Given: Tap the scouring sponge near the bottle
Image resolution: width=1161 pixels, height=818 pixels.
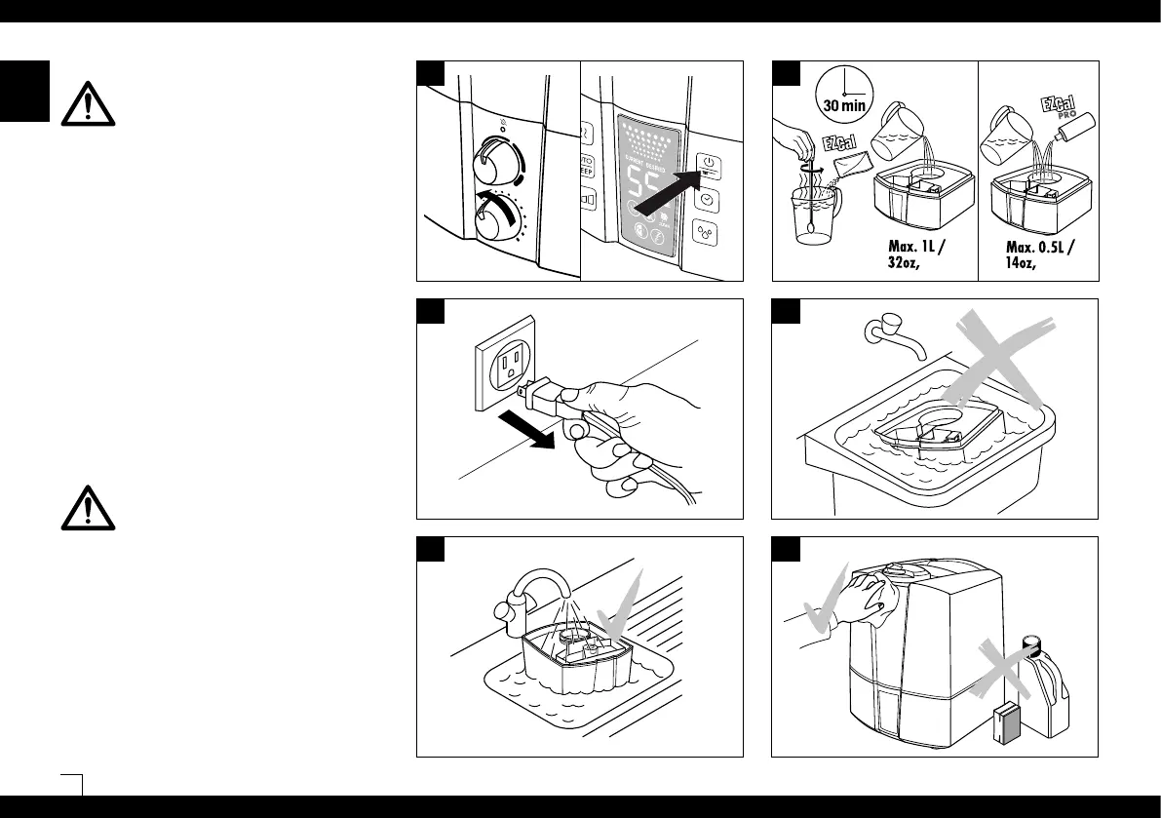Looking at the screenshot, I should [x=1006, y=726].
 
